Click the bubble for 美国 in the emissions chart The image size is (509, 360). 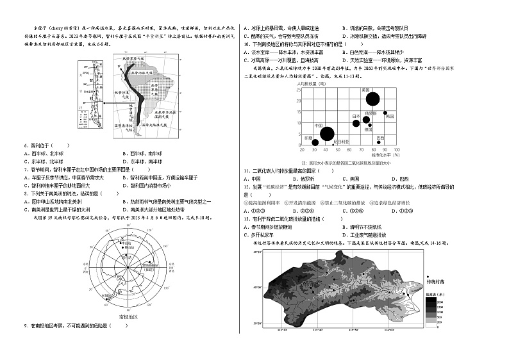pos(372,98)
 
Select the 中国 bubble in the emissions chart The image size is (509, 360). pos(326,133)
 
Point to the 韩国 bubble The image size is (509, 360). pos(385,113)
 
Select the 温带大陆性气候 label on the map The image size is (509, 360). pos(166,114)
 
